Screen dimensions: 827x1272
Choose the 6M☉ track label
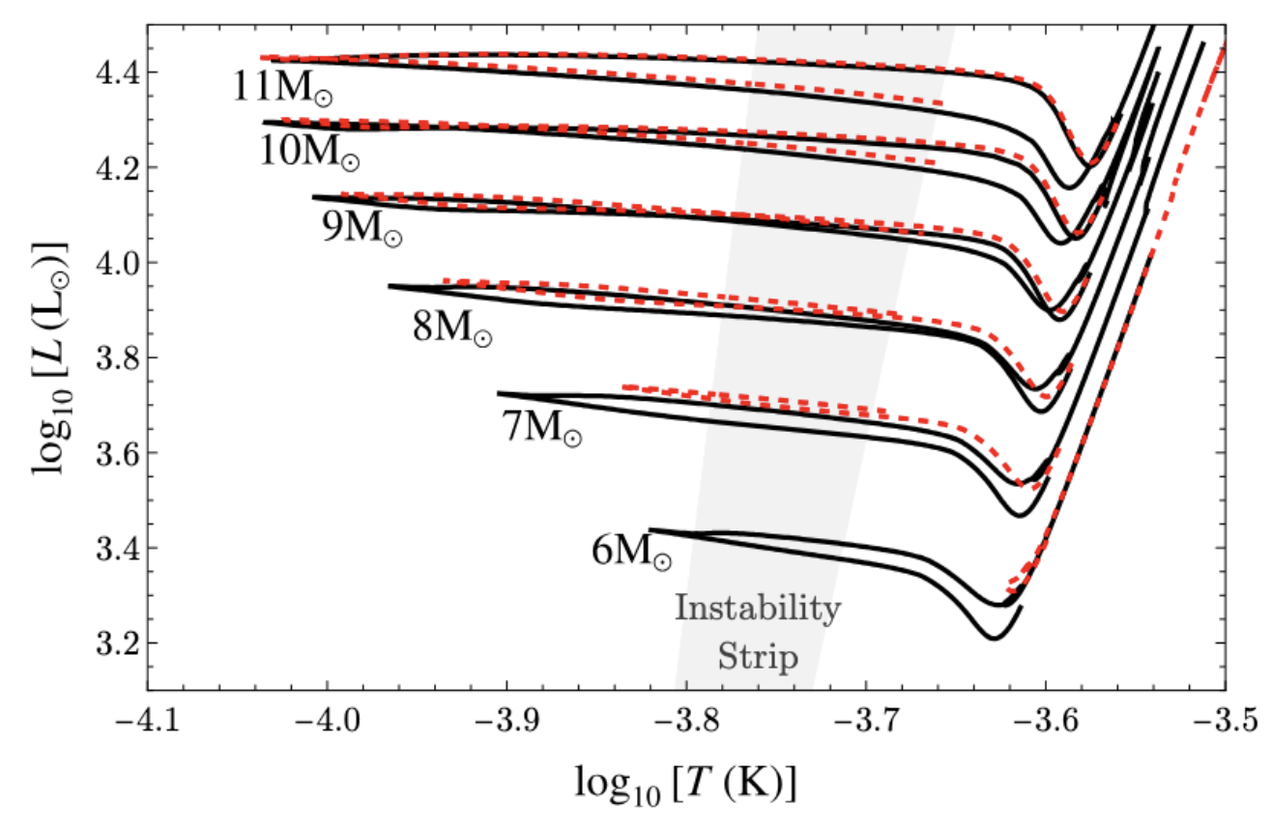pos(631,551)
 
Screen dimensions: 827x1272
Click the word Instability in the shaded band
pos(757,610)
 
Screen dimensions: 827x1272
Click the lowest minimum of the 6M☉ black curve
pos(993,638)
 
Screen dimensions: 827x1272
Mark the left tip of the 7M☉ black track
pos(499,393)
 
